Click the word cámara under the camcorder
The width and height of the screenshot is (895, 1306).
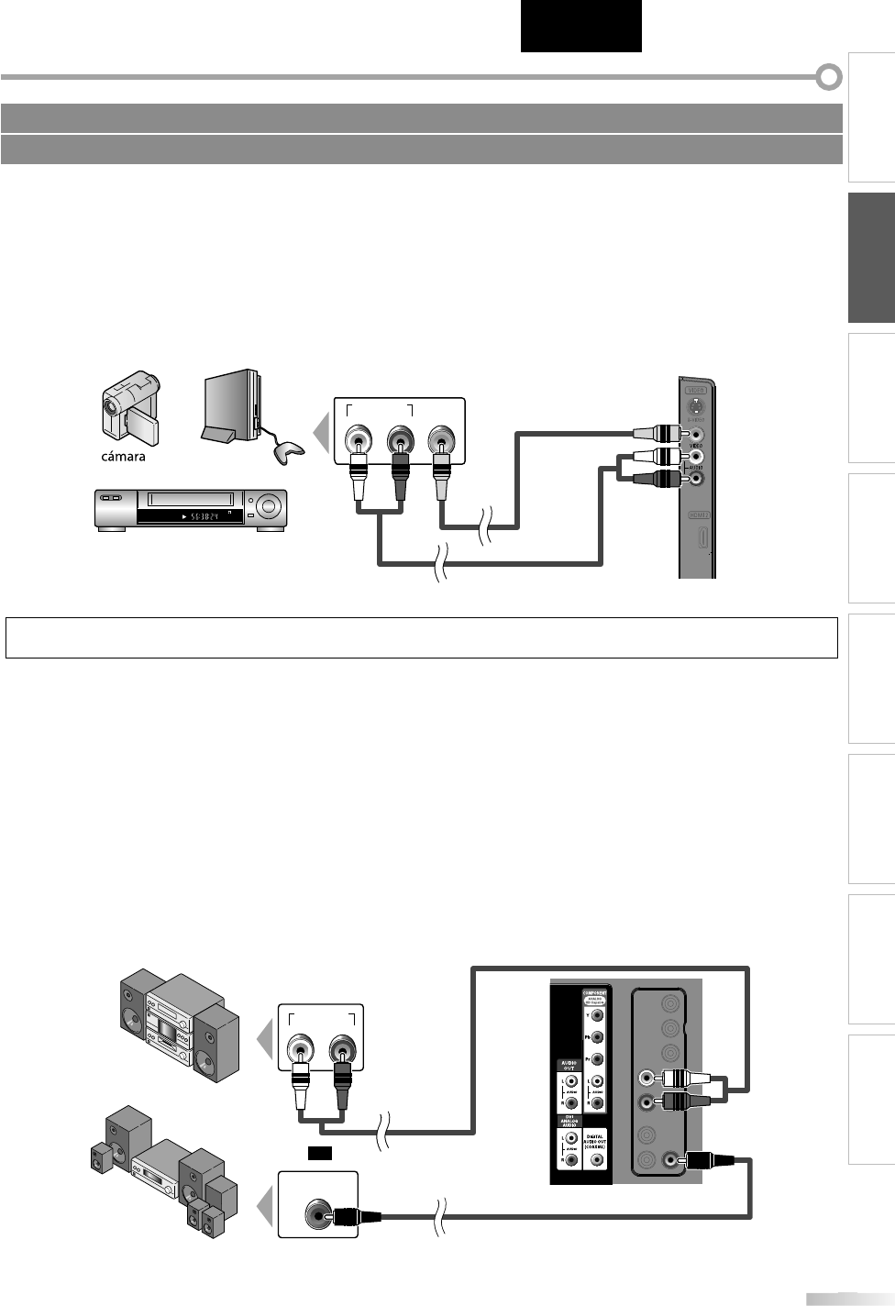[123, 457]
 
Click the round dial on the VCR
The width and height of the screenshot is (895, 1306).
[269, 504]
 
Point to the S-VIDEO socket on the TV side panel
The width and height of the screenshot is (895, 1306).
[697, 406]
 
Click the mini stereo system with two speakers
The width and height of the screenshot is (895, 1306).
[179, 1028]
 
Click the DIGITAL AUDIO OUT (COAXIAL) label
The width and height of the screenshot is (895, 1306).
[597, 1137]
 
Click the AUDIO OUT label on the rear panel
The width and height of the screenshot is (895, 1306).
[567, 1067]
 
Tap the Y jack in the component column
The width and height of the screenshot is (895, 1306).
[598, 1015]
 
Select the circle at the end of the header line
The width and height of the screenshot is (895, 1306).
[829, 77]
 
